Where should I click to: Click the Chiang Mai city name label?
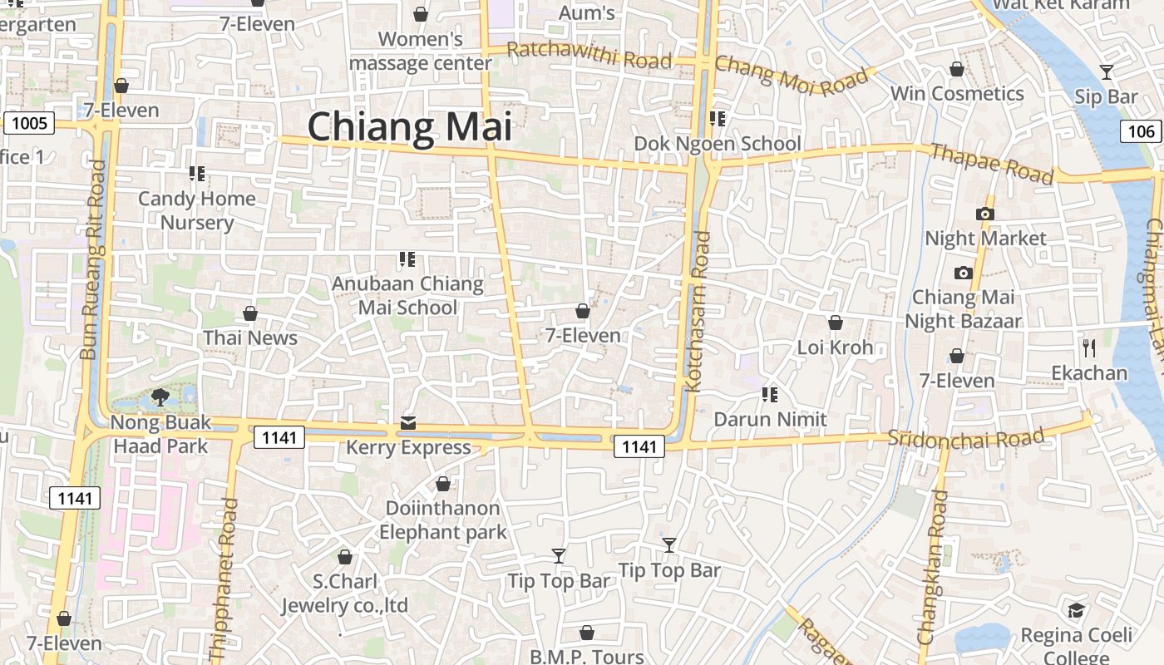409,127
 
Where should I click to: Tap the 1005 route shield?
30,124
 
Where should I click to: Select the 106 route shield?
1142,131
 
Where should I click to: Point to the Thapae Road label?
991,164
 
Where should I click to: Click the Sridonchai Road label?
965,438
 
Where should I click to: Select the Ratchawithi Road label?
589,56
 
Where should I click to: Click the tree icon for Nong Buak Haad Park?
160,397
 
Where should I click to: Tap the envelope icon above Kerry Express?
408,424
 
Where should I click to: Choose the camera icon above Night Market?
985,214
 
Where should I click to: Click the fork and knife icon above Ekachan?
1088,347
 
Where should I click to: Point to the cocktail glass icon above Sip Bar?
1106,72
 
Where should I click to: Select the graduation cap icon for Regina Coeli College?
1076,611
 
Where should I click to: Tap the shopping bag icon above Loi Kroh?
836,323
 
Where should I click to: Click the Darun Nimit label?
771,419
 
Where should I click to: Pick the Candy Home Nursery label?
197,210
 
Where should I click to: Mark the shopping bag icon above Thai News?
250,313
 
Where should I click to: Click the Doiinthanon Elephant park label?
443,520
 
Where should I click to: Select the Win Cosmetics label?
957,93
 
